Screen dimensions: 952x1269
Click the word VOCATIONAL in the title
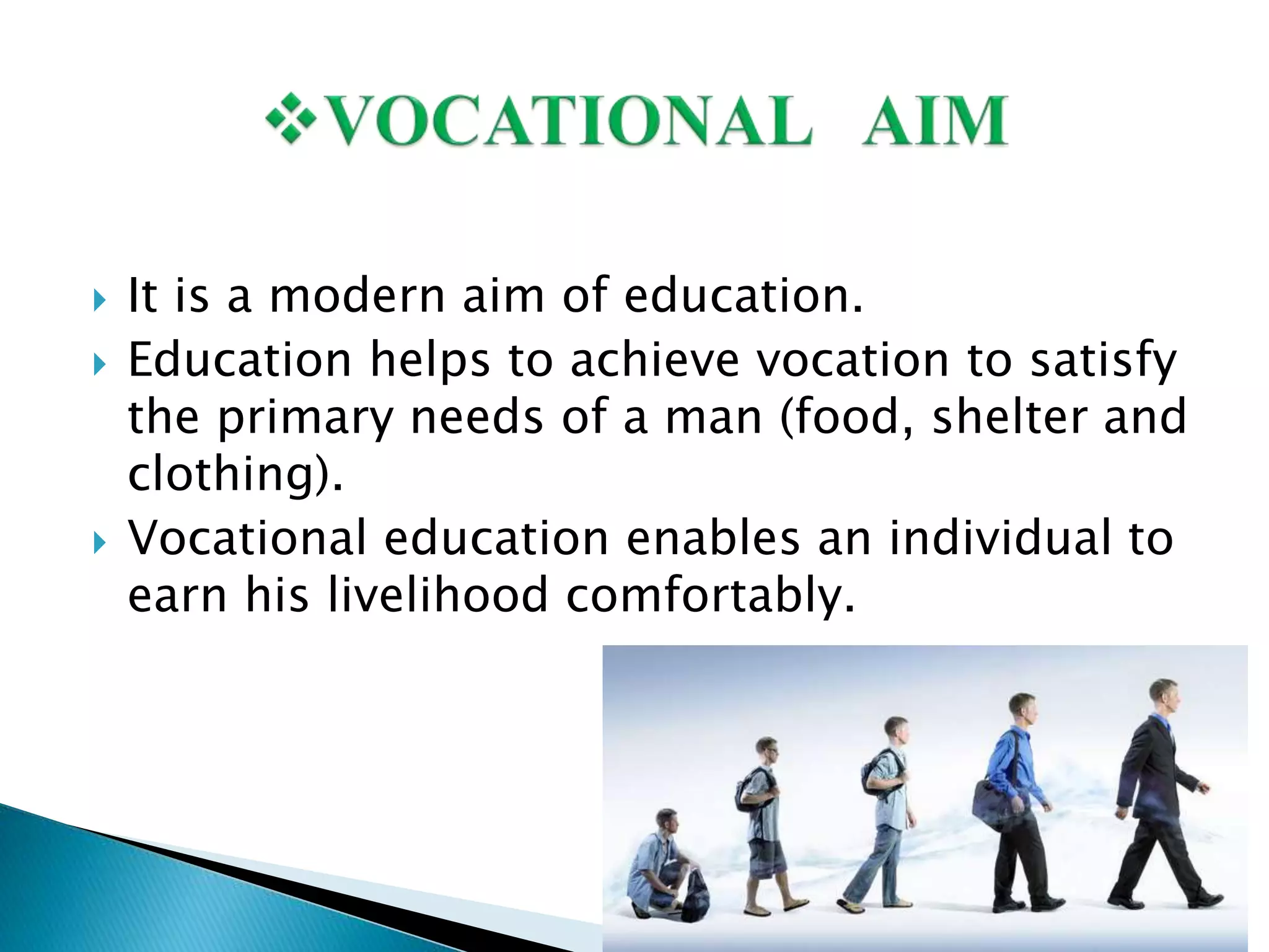[569, 121]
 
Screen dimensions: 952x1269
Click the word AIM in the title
[934, 121]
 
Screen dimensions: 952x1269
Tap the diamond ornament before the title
[290, 118]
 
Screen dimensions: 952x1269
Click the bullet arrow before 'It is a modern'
[99, 301]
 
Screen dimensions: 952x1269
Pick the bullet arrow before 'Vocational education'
[99, 543]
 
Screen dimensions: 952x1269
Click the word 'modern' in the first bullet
[357, 296]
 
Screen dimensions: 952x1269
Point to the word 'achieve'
[654, 361]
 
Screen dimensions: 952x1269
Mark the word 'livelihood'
[437, 595]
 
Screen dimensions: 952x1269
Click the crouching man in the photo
[657, 862]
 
